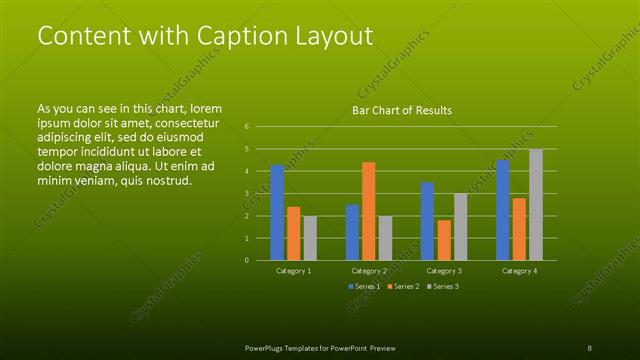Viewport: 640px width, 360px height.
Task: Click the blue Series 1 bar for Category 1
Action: pos(277,212)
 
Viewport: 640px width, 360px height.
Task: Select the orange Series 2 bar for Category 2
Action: pos(369,211)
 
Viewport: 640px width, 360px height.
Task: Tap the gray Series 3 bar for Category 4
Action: pos(536,204)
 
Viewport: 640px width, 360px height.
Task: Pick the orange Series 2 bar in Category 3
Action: pos(444,240)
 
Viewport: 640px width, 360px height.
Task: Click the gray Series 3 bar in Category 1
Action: pos(310,238)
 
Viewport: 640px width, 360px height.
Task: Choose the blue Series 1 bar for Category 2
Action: pos(352,232)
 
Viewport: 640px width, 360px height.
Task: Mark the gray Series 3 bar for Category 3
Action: pos(461,227)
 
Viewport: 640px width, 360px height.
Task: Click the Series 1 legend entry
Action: pos(362,287)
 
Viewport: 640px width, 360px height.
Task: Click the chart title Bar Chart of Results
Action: pos(402,110)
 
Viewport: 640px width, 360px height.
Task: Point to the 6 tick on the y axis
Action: pos(247,127)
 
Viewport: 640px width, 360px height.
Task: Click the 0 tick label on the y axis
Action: pos(247,260)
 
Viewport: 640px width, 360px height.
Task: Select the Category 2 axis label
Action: pos(369,271)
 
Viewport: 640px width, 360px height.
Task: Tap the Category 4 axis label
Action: pos(519,271)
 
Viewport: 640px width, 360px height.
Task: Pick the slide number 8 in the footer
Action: pos(589,347)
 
